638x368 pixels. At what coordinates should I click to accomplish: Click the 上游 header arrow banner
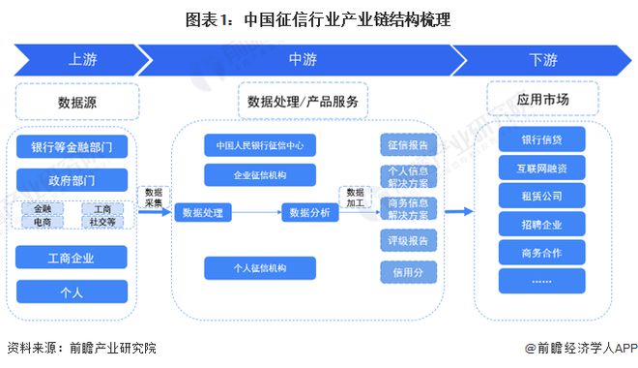point(81,60)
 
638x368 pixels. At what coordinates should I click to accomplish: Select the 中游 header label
point(302,60)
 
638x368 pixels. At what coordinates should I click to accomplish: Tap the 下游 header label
point(542,60)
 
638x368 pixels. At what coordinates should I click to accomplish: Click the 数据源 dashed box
point(77,100)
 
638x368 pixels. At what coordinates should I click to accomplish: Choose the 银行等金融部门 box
point(72,148)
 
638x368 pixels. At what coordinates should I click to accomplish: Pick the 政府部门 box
point(72,177)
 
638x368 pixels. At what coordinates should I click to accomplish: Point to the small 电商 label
point(43,221)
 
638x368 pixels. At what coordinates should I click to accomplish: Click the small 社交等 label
point(101,221)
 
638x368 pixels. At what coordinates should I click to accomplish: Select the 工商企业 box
point(72,258)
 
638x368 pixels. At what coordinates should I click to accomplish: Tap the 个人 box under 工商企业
point(72,290)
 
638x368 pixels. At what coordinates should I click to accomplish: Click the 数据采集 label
point(153,197)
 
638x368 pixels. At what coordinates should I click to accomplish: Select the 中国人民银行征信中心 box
point(259,146)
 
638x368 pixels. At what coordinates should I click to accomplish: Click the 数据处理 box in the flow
point(202,212)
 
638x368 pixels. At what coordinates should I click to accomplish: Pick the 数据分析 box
point(310,212)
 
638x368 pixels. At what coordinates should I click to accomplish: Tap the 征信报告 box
point(408,145)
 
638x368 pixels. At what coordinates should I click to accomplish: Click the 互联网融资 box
point(541,168)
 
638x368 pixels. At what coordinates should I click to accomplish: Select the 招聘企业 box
point(541,225)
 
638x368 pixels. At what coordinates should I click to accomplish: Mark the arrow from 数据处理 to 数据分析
point(255,212)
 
